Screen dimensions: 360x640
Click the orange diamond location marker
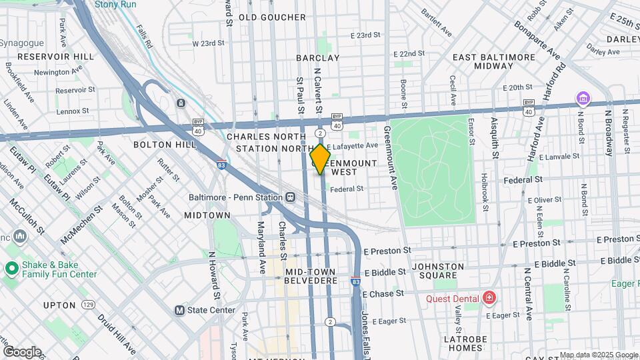coord(321,159)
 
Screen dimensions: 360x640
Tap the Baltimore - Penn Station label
coord(232,197)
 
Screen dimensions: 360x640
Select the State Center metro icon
coord(179,310)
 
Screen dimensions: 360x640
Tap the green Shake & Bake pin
coord(11,269)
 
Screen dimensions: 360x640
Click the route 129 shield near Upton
coord(88,305)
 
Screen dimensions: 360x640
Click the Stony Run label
coord(116,4)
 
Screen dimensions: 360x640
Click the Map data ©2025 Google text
coord(599,355)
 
